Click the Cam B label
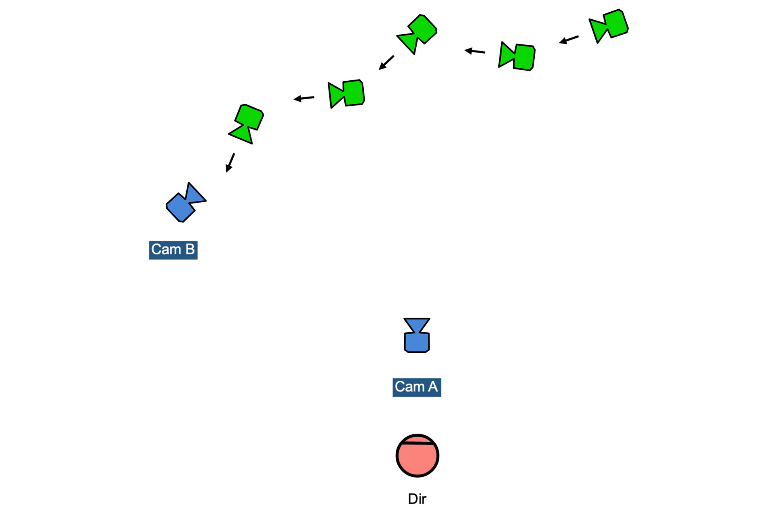click(x=173, y=250)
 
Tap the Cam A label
click(x=416, y=387)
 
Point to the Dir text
click(x=417, y=499)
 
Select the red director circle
click(x=417, y=458)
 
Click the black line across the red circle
click(x=417, y=443)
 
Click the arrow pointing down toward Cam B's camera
click(x=230, y=162)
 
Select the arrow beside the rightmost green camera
click(x=569, y=40)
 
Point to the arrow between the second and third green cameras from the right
click(x=474, y=51)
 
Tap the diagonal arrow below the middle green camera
click(x=386, y=63)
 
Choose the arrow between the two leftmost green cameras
click(x=304, y=98)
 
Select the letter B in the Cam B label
click(x=190, y=250)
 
